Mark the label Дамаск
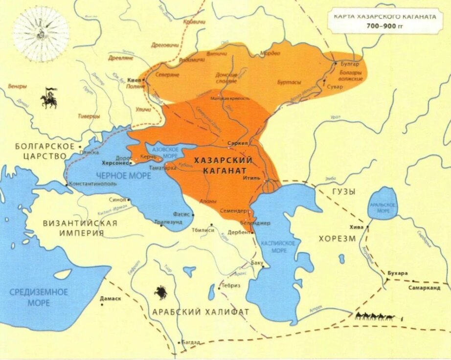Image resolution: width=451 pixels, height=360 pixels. coord(111,298)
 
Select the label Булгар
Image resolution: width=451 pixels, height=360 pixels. coord(350,64)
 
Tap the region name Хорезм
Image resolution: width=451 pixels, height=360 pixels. coord(339,239)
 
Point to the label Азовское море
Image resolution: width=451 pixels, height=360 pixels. coord(165,151)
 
